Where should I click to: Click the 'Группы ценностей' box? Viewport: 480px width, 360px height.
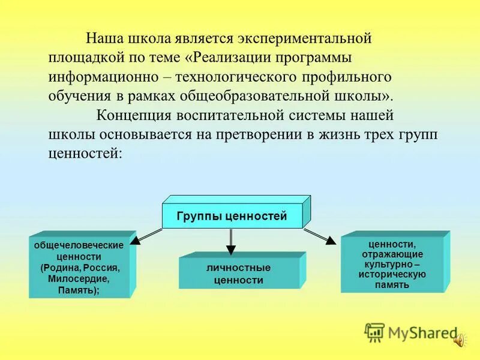tap(232, 216)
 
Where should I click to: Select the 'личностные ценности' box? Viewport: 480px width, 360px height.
tap(238, 274)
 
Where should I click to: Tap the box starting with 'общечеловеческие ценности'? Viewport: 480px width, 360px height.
tap(79, 268)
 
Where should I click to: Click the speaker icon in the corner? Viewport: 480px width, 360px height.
tap(459, 340)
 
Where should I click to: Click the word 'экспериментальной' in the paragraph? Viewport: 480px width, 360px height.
tap(305, 39)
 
